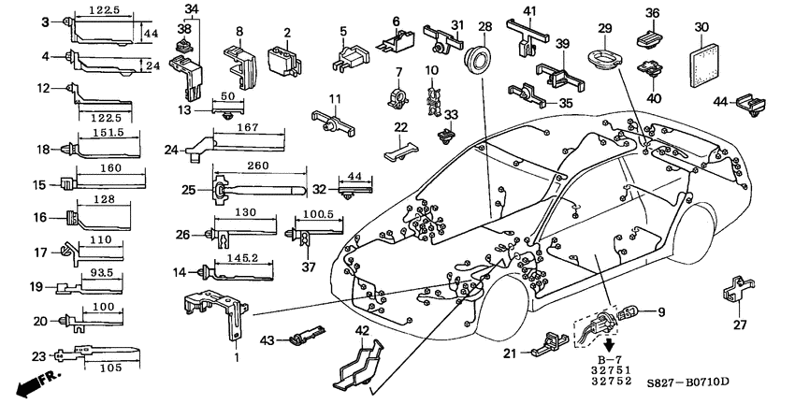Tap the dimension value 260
click(x=260, y=166)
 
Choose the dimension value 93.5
click(x=102, y=273)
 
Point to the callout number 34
click(x=191, y=9)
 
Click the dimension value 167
click(x=248, y=128)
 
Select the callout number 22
click(x=400, y=127)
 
